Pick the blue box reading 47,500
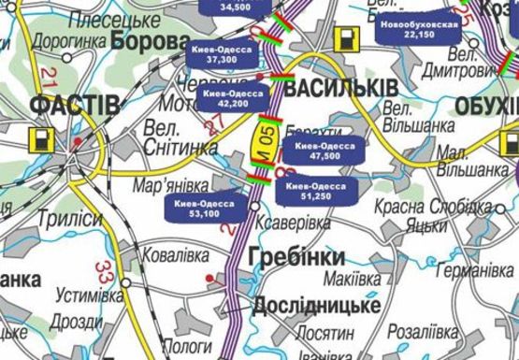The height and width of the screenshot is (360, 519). [318, 151]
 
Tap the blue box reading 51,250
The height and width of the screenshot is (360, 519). [317, 191]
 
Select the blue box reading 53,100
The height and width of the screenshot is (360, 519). [204, 208]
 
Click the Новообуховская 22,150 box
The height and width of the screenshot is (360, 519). [420, 28]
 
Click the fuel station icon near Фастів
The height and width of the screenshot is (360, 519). [41, 139]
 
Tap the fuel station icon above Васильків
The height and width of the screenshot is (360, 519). [346, 39]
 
